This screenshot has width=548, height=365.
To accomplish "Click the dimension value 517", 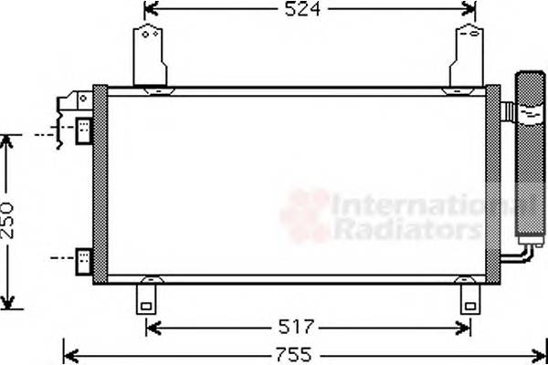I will (296, 326).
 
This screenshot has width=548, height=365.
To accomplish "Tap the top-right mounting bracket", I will (468, 56).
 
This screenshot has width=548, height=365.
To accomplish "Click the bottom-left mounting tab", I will (147, 296).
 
